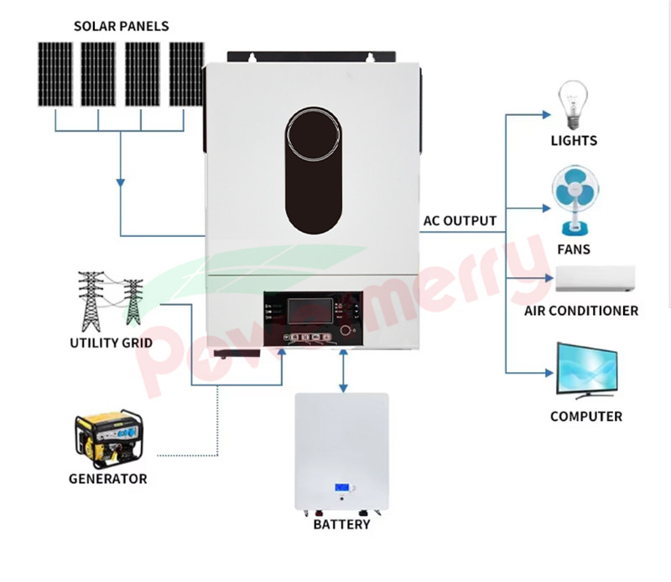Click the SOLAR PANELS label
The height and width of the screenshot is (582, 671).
coord(121,26)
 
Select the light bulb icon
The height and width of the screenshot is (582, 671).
coord(573,103)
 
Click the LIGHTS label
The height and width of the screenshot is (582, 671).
coord(574,140)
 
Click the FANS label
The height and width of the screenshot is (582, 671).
coord(574,249)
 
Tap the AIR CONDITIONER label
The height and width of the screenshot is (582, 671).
coord(581,311)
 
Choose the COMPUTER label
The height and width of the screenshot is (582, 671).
coord(585,417)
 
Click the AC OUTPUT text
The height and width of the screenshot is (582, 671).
coord(460,222)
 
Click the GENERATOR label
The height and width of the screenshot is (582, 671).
coord(107,479)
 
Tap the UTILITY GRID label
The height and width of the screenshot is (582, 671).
coord(111,343)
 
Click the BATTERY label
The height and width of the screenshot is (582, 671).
coord(341,525)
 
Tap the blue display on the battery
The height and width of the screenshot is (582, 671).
coord(341,488)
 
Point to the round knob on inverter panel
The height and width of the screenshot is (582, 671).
coord(346,330)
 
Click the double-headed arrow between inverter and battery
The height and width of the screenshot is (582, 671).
coord(342,370)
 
